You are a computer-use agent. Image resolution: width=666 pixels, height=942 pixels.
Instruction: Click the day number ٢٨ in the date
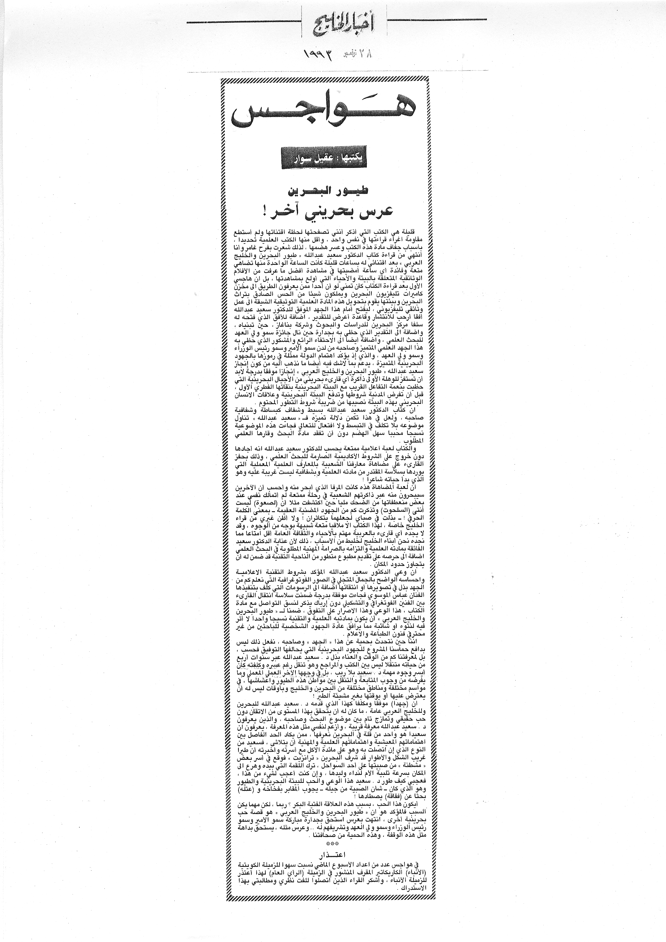[367, 53]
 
